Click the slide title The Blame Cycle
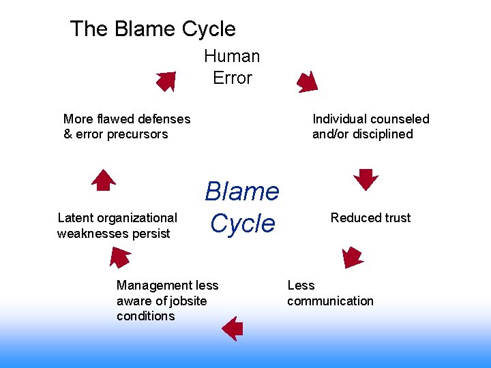tap(153, 29)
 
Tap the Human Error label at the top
tap(232, 67)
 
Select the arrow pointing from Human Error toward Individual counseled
tap(307, 81)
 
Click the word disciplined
tap(382, 134)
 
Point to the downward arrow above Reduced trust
tap(366, 179)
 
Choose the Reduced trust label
tap(370, 218)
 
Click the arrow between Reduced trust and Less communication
tap(352, 257)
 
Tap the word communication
tap(330, 301)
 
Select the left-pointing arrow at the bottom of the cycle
tap(233, 328)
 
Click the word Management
tap(155, 286)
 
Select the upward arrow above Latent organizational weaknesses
tap(104, 179)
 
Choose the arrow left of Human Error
tap(166, 81)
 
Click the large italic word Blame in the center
tap(242, 191)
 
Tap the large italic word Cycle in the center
tap(242, 223)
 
